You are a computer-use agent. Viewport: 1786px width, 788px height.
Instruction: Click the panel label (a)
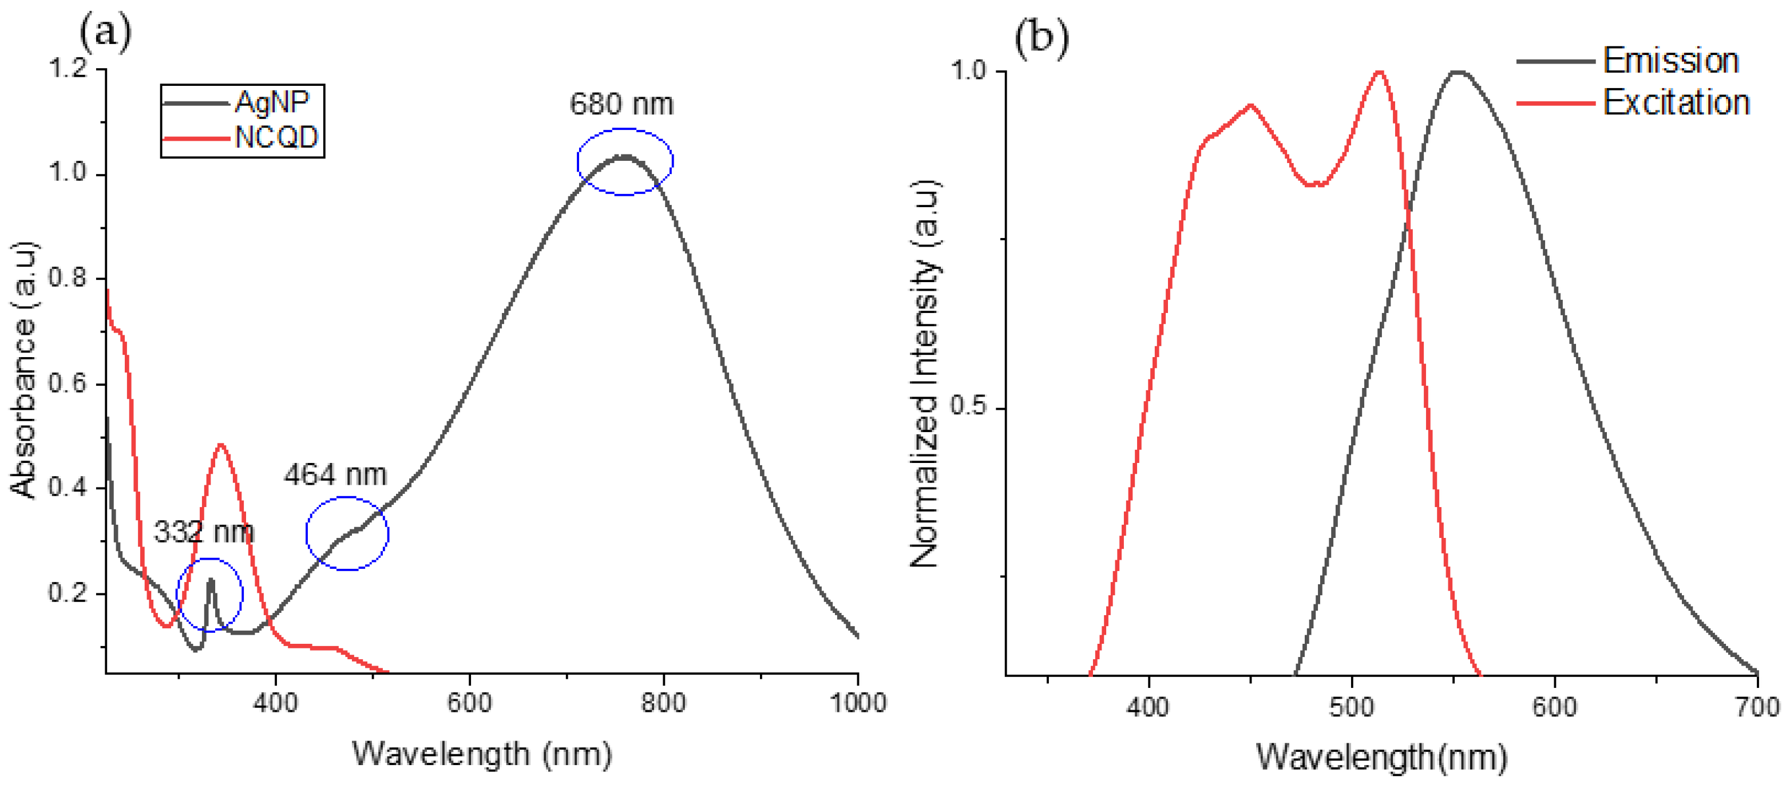click(105, 32)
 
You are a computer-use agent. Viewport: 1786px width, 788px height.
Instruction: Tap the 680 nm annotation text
click(621, 105)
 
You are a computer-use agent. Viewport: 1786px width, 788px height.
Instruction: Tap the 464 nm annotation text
click(335, 476)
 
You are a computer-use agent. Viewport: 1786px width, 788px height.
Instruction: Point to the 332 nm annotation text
click(203, 532)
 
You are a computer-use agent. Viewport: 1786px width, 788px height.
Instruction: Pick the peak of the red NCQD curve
click(220, 445)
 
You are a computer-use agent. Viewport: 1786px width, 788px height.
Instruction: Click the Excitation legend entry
click(1675, 103)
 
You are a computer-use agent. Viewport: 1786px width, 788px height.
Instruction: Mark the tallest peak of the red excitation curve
click(1380, 72)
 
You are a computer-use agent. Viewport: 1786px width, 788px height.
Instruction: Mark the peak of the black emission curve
click(1459, 72)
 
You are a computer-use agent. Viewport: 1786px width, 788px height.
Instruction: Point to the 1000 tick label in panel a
click(858, 703)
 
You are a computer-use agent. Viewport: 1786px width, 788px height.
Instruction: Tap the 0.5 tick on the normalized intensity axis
click(969, 406)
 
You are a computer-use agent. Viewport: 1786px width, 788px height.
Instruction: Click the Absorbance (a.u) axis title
click(23, 370)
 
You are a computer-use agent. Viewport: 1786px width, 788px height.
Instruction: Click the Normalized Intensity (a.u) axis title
click(924, 374)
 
